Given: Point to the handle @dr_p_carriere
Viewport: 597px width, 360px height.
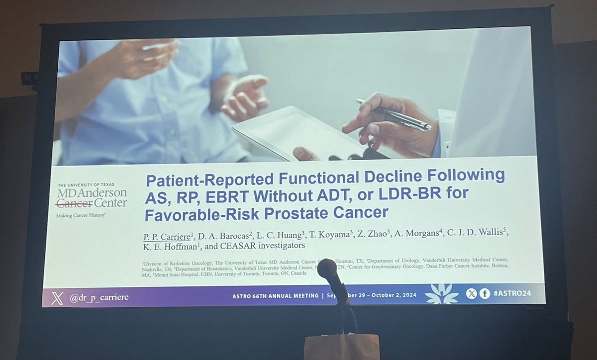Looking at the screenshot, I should pos(99,297).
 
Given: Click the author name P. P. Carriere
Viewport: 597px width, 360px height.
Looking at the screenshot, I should pos(167,235).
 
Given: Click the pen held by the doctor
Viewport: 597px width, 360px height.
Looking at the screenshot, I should pos(393,114).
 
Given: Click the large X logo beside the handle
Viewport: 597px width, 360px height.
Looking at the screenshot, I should pos(58,298).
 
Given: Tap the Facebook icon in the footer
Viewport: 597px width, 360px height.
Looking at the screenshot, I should pos(484,293).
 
